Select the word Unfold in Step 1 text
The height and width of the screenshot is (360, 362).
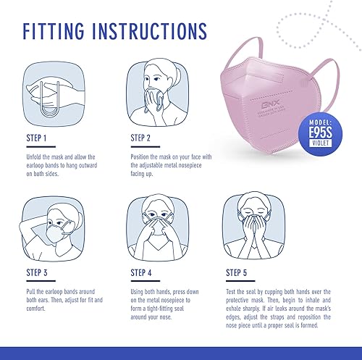coord(34,156)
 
